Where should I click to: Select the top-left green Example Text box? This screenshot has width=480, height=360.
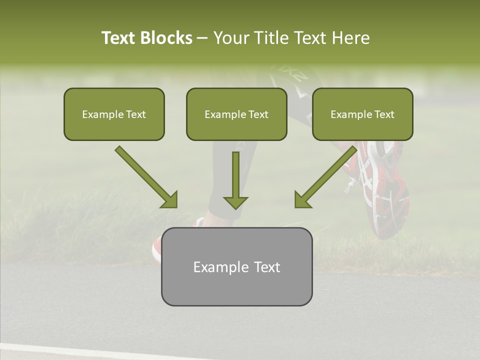114,114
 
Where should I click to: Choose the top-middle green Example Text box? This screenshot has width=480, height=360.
236,114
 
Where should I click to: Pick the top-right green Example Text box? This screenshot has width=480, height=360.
362,114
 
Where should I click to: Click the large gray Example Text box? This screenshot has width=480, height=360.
236,266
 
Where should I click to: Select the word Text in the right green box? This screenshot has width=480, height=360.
384,114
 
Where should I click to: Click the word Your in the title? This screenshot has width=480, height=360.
230,38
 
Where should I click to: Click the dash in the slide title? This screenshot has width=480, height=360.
202,38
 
